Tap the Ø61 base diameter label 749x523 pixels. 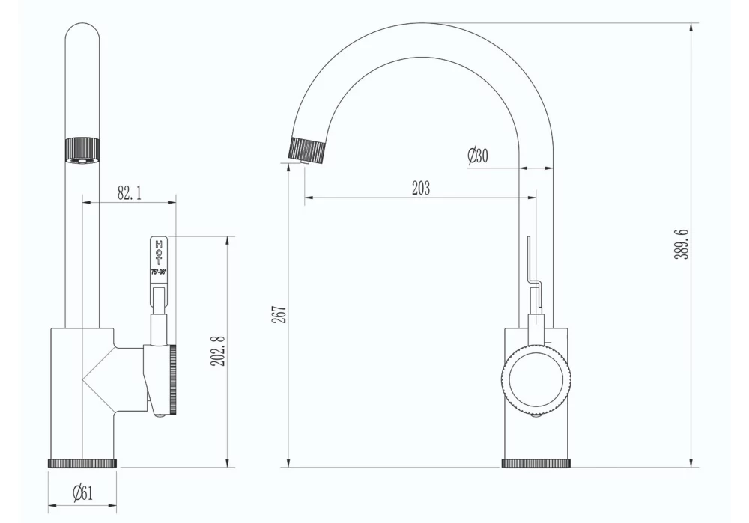82,492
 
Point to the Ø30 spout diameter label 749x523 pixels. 477,156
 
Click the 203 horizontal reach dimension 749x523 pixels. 421,188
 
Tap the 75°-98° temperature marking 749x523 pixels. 159,273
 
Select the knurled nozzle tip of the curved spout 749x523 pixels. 307,150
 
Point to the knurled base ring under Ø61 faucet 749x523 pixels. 82,463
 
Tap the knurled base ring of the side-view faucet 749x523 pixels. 536,463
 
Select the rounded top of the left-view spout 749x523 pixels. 82,34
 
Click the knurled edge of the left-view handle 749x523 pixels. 173,380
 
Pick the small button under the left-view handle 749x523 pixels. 159,415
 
